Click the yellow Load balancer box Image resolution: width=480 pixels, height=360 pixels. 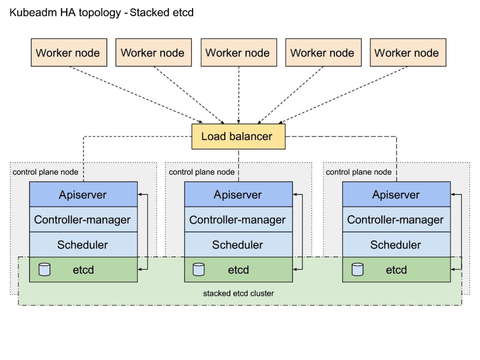[x=238, y=137]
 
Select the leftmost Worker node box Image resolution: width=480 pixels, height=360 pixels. [x=69, y=52]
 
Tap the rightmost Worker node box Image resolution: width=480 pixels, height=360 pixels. [x=408, y=52]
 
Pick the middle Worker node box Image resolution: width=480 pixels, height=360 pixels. [x=239, y=52]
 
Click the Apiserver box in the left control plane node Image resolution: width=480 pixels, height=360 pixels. [x=83, y=195]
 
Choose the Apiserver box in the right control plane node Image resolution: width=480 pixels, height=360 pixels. [x=396, y=195]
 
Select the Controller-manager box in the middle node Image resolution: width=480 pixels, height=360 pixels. [x=238, y=219]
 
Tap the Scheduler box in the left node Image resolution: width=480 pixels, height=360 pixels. [x=83, y=245]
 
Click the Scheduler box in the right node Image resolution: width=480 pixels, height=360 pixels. [x=396, y=245]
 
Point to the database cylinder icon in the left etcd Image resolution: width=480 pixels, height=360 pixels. [x=44, y=269]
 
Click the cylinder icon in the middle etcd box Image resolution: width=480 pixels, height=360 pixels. [x=199, y=269]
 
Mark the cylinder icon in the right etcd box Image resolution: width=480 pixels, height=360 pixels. [x=357, y=269]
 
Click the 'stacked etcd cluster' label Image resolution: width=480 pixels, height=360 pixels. [x=238, y=293]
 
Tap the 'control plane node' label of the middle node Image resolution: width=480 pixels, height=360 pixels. [x=202, y=172]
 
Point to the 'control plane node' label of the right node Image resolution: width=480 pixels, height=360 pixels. [x=358, y=172]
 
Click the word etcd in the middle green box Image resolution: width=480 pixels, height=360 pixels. [x=238, y=270]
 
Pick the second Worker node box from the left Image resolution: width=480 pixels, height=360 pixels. [x=154, y=52]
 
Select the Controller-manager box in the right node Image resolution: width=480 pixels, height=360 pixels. [x=396, y=219]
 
